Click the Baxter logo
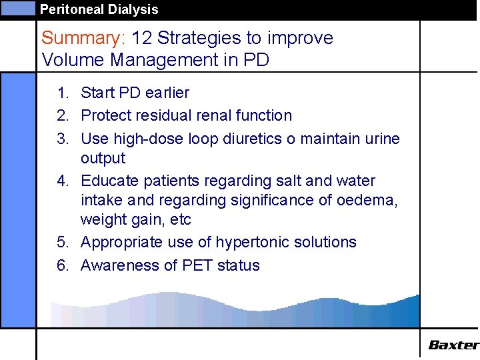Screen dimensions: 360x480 (453, 345)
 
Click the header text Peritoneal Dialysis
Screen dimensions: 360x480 (99, 9)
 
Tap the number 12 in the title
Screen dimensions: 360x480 (143, 38)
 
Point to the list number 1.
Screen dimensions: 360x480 (63, 93)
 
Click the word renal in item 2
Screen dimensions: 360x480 (207, 115)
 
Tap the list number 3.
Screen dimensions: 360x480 (63, 139)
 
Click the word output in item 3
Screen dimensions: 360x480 (103, 158)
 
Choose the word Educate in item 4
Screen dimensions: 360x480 (107, 181)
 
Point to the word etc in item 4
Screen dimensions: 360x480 (179, 219)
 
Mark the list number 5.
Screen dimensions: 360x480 (63, 242)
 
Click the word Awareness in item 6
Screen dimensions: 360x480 (121, 265)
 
